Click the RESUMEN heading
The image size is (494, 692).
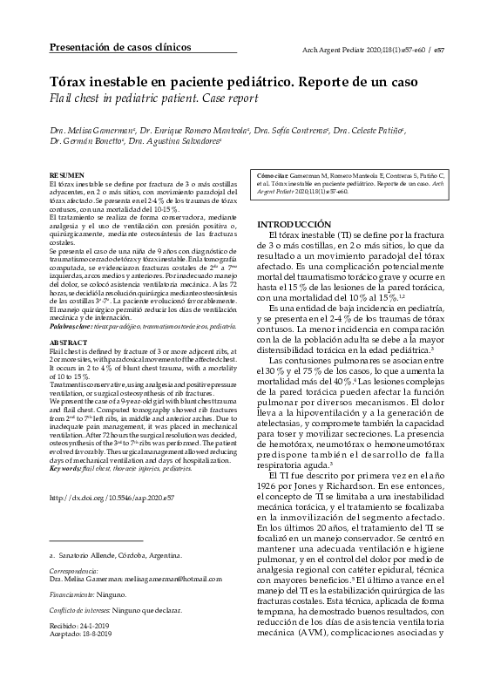point(67,175)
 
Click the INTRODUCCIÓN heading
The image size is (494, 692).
point(294,224)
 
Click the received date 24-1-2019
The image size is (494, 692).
point(98,625)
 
